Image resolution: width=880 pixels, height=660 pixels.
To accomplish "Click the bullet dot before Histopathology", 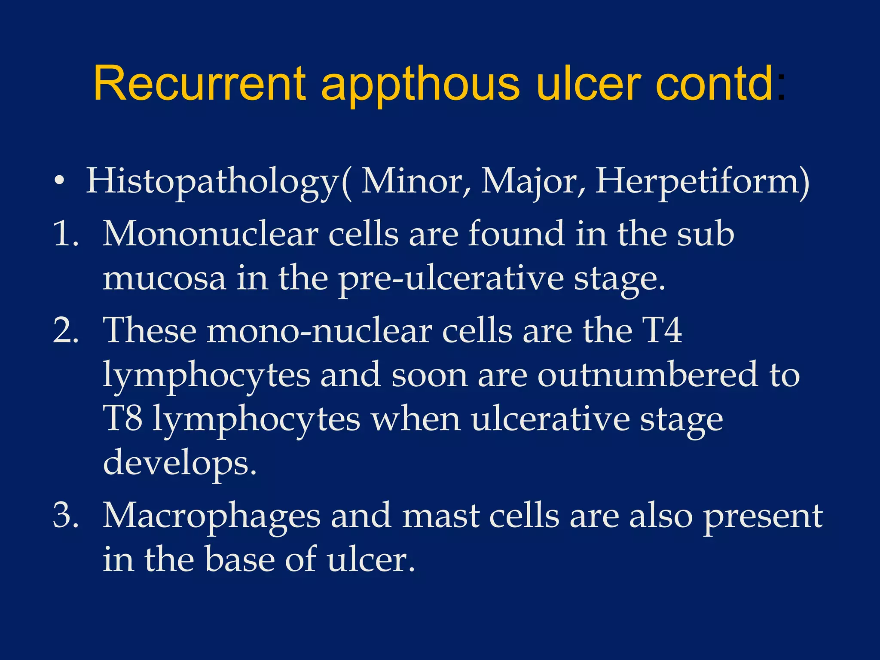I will (60, 180).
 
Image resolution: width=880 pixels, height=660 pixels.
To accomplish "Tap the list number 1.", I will (65, 235).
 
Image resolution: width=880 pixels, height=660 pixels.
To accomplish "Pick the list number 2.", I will (66, 331).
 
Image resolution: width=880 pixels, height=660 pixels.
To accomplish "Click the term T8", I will (123, 419).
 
